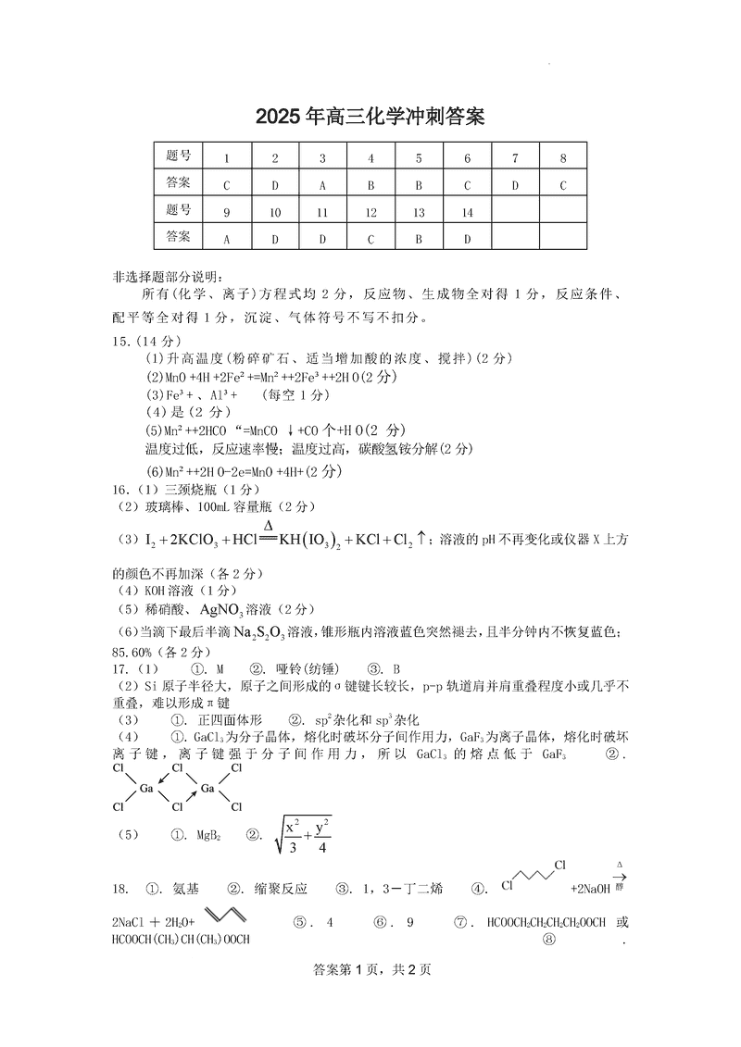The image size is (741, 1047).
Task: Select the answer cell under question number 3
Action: click(x=322, y=185)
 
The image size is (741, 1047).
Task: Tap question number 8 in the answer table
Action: click(x=562, y=158)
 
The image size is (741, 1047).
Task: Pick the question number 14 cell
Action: click(x=467, y=212)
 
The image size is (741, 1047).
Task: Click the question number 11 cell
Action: click(x=322, y=212)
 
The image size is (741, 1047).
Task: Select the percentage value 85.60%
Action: click(x=132, y=650)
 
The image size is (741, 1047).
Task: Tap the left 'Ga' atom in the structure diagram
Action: click(x=146, y=788)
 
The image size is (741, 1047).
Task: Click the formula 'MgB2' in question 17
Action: click(x=207, y=835)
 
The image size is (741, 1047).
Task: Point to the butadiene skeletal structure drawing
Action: click(x=227, y=915)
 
